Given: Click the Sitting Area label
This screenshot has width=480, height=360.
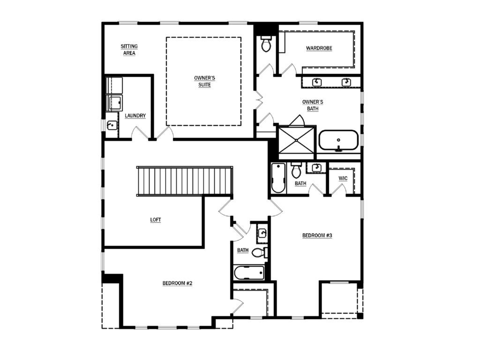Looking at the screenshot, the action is pos(129,50).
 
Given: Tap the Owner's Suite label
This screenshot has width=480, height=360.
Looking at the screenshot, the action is pos(204,82).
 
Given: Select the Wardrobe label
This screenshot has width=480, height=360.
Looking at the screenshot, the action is pos(319,48).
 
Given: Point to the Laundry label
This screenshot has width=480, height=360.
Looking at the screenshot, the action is pos(135,116).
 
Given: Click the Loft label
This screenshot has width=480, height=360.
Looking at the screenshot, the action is pos(156,220).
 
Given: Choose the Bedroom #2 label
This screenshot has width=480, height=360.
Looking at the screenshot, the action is pos(177,283).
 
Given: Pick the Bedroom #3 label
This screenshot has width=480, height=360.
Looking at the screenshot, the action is pos(317,235).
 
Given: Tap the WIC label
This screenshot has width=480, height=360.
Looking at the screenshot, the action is pos(343,179).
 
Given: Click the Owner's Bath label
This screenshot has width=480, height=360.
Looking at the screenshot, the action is pos(313,105).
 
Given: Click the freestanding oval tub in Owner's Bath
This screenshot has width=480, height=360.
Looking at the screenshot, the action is pos(338,141).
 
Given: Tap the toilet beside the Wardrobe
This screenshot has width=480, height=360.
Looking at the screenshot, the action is pos(266,44).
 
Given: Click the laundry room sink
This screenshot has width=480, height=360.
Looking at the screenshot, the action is pos(112,125).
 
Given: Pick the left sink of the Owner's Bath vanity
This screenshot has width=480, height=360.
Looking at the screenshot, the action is pos(317,82).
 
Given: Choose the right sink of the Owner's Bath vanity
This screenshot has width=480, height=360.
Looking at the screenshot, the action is pos(346,82).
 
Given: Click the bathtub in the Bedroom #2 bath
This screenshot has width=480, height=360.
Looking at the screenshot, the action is pos(249,273).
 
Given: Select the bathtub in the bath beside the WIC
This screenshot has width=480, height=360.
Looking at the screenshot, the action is pos(278,178).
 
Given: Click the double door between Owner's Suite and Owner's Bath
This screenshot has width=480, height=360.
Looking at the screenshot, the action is pos(259,100).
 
